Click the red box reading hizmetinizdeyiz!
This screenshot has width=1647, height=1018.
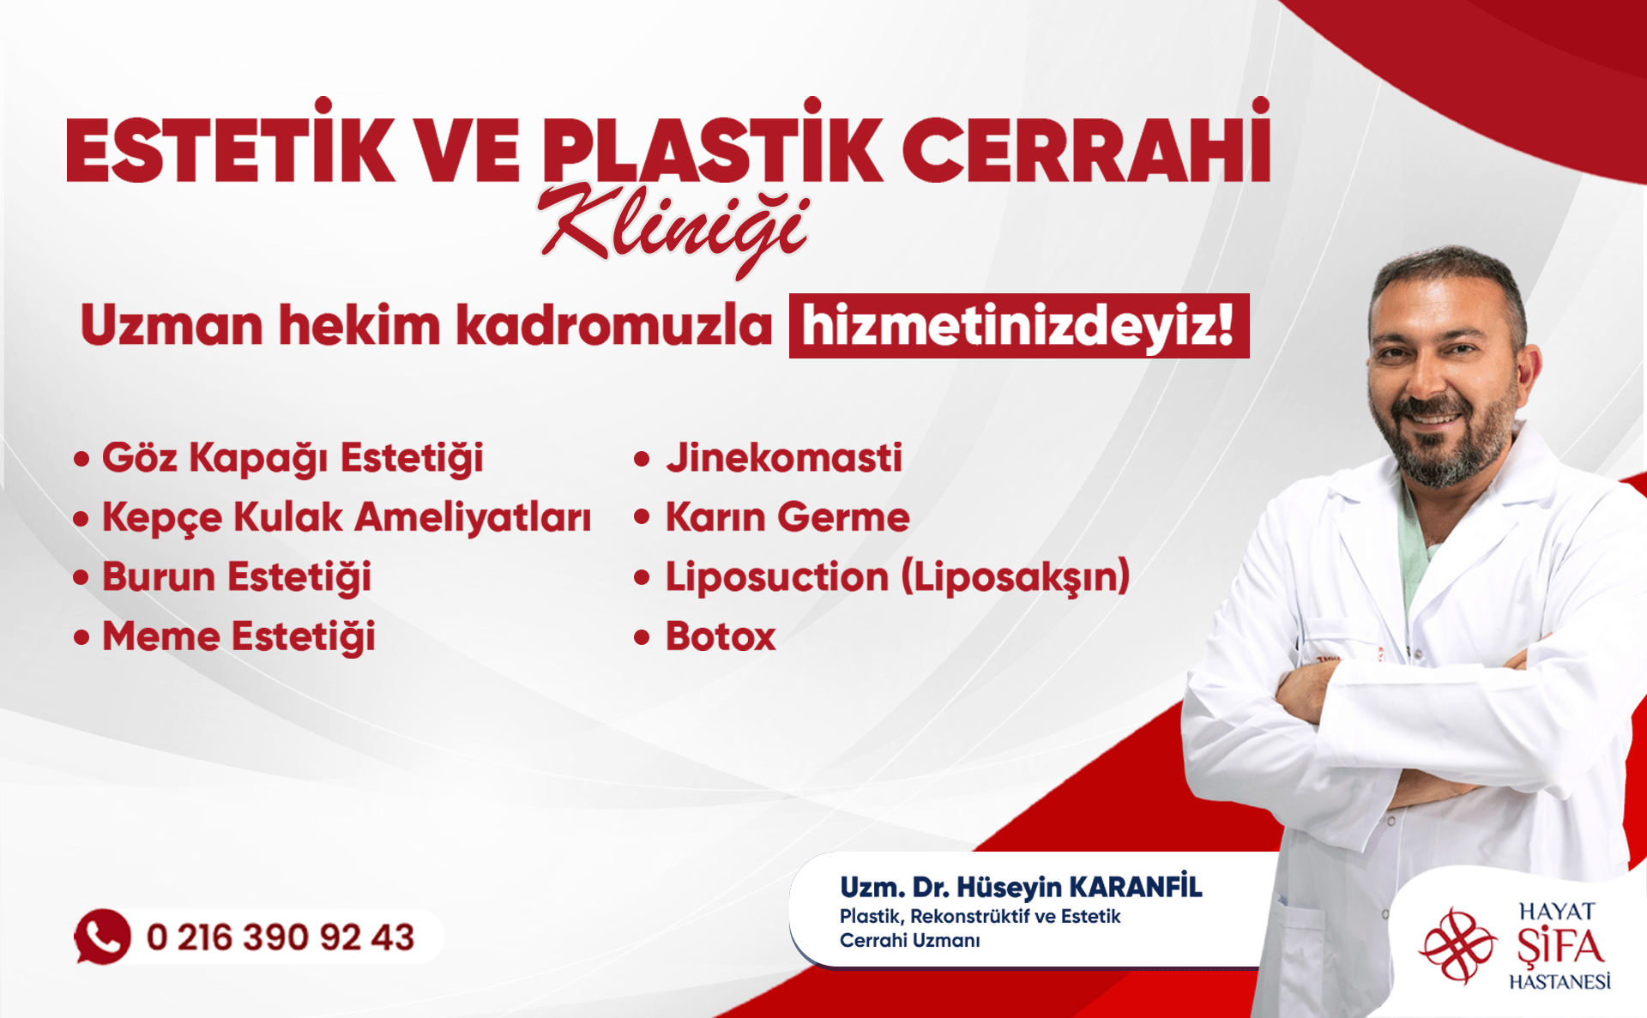(x=1019, y=326)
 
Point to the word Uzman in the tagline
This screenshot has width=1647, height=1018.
(x=172, y=326)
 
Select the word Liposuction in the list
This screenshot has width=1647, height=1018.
(x=777, y=576)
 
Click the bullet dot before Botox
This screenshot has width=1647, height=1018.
(x=642, y=637)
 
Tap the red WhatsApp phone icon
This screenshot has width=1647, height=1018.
(x=102, y=937)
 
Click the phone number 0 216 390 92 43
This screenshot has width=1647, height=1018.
(x=281, y=937)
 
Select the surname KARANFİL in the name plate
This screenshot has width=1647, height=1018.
(x=1136, y=886)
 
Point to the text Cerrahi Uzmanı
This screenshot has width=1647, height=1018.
(x=909, y=941)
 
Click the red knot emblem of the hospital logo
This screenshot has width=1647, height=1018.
(x=1457, y=946)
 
